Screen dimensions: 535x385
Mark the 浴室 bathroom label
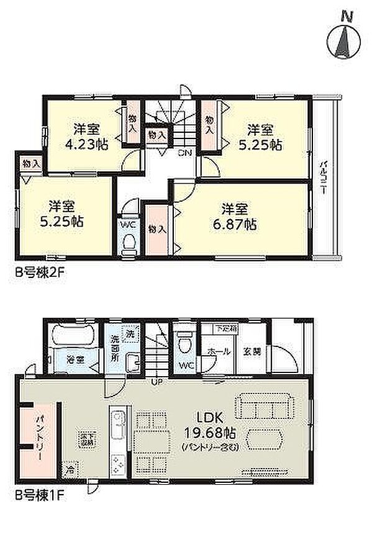pyautogui.click(x=75, y=358)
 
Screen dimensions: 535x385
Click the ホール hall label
pyautogui.click(x=223, y=351)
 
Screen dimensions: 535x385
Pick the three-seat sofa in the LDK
pyautogui.click(x=264, y=410)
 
